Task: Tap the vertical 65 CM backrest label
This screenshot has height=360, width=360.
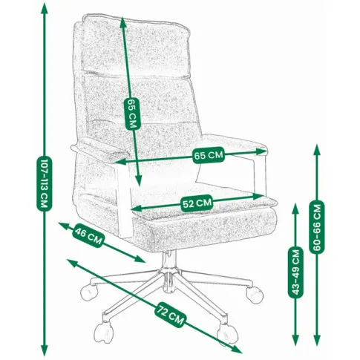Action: pos(133,114)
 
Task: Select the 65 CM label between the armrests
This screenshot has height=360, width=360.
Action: pos(209,155)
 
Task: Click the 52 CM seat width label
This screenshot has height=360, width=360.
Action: pos(197,203)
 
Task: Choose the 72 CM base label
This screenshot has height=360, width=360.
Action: pos(171,313)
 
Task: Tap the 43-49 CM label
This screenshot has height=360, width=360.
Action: pos(296,272)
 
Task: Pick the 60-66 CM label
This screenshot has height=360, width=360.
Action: pos(317,226)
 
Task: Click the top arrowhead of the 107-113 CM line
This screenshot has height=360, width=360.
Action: pos(45,9)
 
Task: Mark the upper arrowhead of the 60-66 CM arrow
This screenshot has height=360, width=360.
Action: pos(317,149)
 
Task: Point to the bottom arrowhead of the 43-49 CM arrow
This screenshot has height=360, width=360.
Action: pos(295,341)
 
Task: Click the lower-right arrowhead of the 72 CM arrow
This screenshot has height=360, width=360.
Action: pos(237,350)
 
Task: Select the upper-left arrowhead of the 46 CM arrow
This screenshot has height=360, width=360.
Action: pos(64,225)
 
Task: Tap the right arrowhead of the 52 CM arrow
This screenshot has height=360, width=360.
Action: pos(258,196)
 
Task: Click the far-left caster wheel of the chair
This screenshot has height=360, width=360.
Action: pos(89,292)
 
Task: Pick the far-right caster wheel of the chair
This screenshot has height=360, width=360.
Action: pos(255,295)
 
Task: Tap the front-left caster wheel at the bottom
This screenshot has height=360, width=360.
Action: pos(104,331)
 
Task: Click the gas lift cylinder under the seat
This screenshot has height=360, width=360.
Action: pos(169,259)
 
